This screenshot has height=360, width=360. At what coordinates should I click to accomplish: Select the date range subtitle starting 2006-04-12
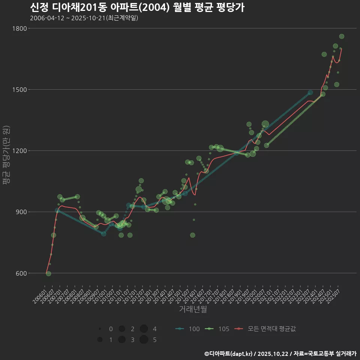(84, 18)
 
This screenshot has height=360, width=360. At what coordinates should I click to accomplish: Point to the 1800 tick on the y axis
(19, 28)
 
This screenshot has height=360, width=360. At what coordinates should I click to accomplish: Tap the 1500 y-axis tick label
(19, 90)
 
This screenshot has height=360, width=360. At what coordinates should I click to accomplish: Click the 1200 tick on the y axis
(19, 151)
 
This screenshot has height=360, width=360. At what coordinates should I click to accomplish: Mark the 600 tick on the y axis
(21, 273)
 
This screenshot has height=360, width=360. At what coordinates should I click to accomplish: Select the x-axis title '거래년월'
(193, 309)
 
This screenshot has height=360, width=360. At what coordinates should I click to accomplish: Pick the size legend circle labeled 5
(144, 340)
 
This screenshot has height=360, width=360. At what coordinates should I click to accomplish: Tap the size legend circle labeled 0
(100, 329)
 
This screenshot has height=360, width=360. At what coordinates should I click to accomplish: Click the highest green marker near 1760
(342, 36)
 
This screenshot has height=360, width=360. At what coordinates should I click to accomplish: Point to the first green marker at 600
(48, 273)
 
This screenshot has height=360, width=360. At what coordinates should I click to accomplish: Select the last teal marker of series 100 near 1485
(310, 93)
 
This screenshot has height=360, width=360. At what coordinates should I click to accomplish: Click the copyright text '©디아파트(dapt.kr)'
(229, 354)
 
